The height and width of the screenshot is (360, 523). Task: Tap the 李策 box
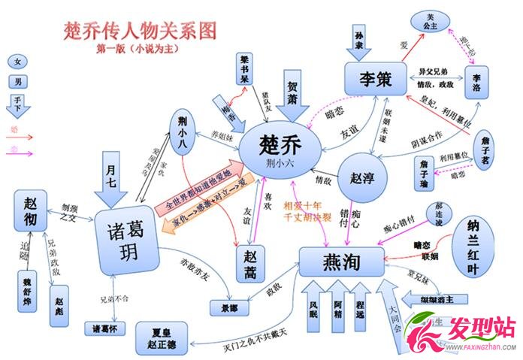(375, 78)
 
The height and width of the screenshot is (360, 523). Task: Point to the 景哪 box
(229, 307)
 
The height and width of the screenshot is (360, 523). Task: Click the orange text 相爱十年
(302, 204)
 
